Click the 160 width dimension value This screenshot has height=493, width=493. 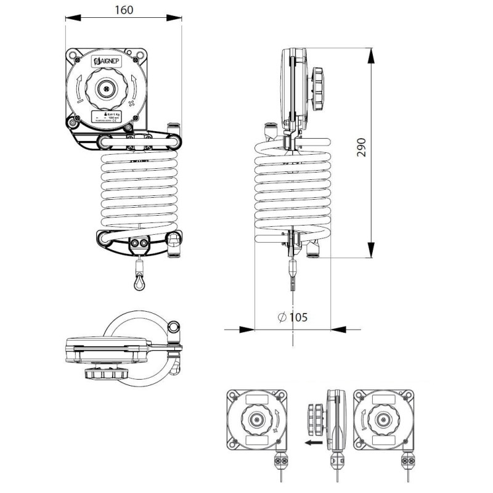tap(123, 10)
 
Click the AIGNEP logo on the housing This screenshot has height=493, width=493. tap(108, 61)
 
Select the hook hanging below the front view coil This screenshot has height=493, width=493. tap(137, 281)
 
